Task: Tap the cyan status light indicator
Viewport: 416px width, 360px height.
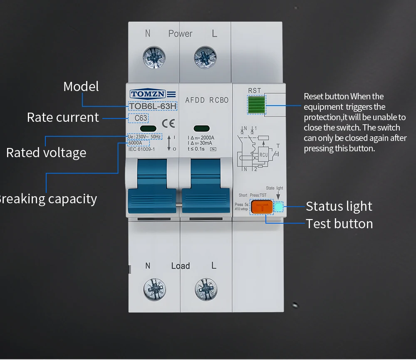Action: [279, 207]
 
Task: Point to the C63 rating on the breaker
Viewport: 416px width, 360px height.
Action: [141, 118]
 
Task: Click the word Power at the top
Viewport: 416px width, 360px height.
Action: [180, 34]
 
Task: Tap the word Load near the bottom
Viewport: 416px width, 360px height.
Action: [180, 266]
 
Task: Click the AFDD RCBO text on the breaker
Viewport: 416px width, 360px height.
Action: [207, 100]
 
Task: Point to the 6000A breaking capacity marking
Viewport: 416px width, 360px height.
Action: [135, 143]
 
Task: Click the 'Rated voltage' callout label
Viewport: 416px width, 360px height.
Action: [46, 153]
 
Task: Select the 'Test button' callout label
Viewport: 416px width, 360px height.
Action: [339, 224]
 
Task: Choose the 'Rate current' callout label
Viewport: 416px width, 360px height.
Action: [63, 117]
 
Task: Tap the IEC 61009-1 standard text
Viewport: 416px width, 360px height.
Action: [141, 149]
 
